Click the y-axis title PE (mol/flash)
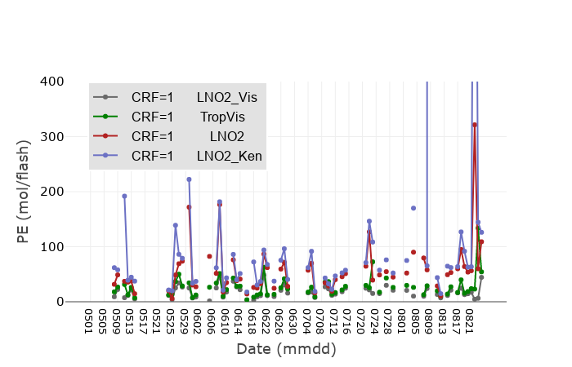click(24, 191)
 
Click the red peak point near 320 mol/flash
click(475, 125)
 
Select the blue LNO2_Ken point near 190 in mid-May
click(124, 197)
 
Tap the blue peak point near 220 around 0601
click(189, 179)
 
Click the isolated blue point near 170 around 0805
click(413, 208)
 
